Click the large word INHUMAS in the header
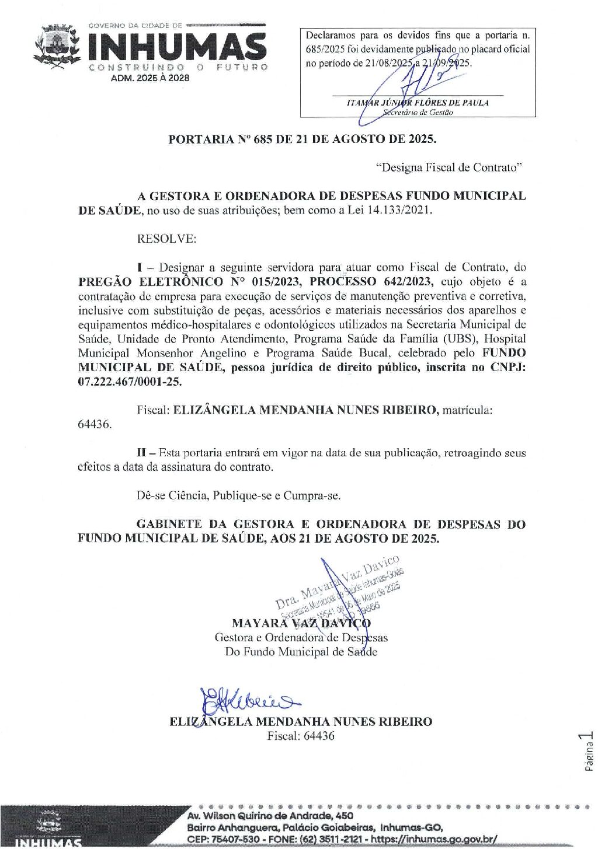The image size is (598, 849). click(178, 47)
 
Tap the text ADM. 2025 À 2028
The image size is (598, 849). click(150, 78)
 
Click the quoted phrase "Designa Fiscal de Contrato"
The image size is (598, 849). click(448, 168)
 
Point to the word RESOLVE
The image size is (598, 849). click(166, 239)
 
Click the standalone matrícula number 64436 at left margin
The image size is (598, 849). click(95, 424)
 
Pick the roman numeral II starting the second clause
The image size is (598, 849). click(141, 453)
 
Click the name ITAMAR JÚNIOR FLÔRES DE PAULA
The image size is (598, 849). click(418, 103)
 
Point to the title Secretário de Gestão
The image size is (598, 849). click(418, 113)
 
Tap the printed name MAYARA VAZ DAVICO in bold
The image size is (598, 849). click(301, 623)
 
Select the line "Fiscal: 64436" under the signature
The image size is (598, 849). click(301, 736)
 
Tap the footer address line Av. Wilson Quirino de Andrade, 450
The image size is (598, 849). click(270, 816)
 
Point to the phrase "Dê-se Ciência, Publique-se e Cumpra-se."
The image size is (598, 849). click(238, 496)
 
